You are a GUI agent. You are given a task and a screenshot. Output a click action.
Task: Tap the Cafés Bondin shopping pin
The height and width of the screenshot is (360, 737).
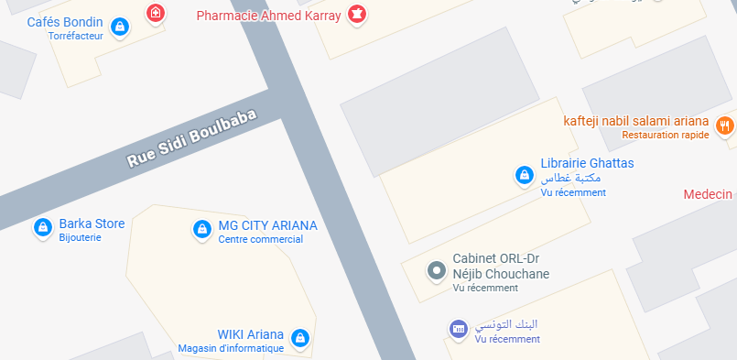(x=118, y=27)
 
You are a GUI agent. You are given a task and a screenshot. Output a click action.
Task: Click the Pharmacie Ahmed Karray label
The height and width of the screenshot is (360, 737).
(x=269, y=16)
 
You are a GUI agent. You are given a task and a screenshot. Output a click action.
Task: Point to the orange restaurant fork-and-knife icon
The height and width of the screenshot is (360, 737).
(x=725, y=125)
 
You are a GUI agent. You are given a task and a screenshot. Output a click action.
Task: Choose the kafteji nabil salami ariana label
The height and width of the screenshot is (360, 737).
(x=636, y=121)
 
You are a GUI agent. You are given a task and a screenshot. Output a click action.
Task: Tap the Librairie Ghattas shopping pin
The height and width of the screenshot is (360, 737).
(x=524, y=174)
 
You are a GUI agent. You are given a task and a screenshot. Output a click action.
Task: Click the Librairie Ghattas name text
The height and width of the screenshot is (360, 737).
(x=587, y=163)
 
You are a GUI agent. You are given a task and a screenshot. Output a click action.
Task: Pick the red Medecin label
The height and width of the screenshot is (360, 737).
(x=710, y=194)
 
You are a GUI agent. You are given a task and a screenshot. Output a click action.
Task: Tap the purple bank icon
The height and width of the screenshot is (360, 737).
(x=458, y=328)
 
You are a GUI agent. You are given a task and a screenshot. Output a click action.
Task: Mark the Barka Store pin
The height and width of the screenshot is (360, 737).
(x=41, y=226)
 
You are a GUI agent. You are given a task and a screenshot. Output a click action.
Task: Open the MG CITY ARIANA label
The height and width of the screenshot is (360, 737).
(x=267, y=226)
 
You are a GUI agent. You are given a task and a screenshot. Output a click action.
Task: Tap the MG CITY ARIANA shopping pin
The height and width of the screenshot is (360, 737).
(x=201, y=229)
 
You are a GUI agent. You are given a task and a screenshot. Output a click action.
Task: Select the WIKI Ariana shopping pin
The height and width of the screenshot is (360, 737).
(x=298, y=338)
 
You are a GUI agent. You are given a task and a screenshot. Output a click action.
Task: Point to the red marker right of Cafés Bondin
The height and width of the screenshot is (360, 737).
(x=157, y=14)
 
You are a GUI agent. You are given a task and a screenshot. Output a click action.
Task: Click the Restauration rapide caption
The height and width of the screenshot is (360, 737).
(x=666, y=136)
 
